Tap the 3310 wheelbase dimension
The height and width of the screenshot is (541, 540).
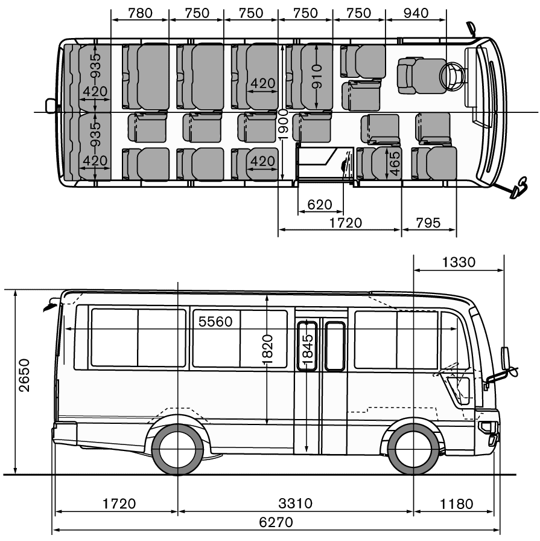click(295, 504)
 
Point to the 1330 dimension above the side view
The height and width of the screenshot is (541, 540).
click(459, 262)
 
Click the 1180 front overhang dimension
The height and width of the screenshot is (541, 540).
click(457, 504)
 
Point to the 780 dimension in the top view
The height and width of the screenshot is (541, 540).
click(141, 13)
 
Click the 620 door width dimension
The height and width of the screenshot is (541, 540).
click(319, 205)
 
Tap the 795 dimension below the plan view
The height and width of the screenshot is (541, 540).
click(428, 223)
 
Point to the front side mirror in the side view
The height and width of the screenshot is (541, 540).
click(506, 360)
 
